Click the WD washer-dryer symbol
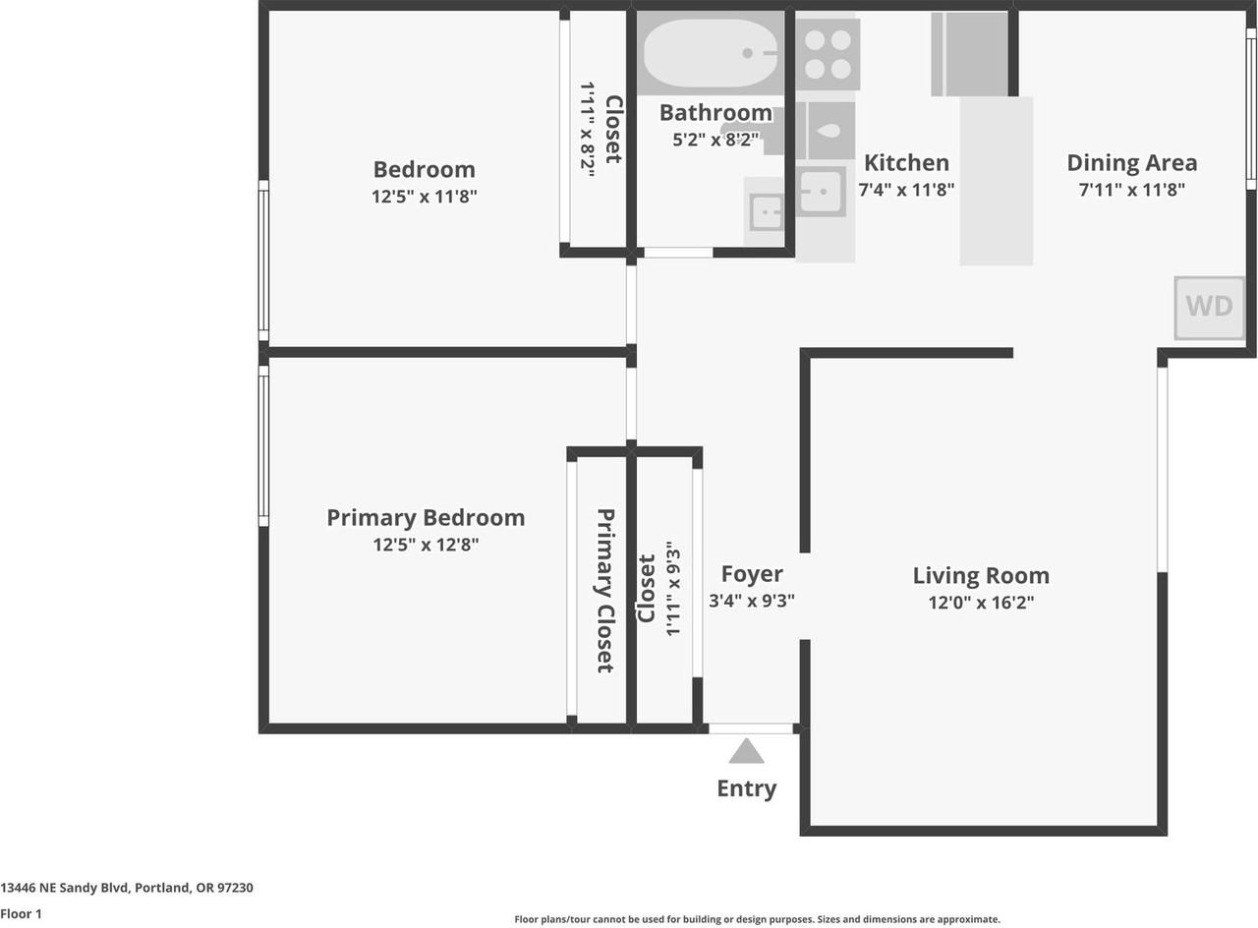pos(1209,307)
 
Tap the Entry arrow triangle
pos(746,752)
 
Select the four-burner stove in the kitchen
pos(828,53)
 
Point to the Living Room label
pos(981,575)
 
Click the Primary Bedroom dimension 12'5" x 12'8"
pos(426,545)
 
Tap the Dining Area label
pos(1131,162)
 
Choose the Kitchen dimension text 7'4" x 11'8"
pos(906,190)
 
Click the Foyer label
pos(752,574)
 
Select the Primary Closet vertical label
pos(605,590)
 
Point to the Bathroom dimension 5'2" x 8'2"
pos(715,140)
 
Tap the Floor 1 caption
pos(22,914)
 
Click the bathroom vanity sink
pos(765,211)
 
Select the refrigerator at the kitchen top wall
pos(969,53)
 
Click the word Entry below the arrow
pos(746,788)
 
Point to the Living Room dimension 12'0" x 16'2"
pos(981,603)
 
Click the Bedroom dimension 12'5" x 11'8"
pos(424,197)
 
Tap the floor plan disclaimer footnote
pos(757,920)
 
